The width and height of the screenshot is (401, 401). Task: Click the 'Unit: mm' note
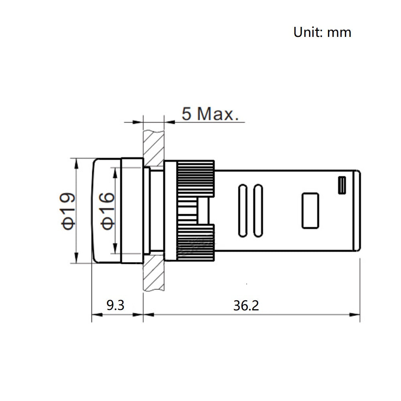coord(322,32)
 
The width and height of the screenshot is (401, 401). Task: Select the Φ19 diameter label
coord(67,211)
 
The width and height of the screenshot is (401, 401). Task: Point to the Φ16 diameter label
coord(107,211)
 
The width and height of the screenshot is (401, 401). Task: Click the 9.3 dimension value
coord(115,305)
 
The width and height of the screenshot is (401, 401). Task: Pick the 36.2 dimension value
coord(246,305)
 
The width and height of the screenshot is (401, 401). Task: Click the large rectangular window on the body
coord(310,211)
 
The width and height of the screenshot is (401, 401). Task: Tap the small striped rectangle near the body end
coord(342,185)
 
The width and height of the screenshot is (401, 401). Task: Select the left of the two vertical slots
coord(243,211)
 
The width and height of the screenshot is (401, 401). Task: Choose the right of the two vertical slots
coord(258,211)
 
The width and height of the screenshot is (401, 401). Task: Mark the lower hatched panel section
coord(154,275)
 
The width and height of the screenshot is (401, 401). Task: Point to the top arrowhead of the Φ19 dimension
coord(76,164)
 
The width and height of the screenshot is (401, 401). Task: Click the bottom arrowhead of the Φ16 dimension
coord(115,249)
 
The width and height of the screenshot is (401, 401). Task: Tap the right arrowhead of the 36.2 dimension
coord(355,314)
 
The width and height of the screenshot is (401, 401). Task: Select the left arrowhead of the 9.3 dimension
coord(97,314)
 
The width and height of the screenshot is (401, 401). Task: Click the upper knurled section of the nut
coord(196,178)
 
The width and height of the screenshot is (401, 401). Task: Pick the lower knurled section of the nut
coord(196,243)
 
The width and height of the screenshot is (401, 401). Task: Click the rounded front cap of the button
coord(106,211)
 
